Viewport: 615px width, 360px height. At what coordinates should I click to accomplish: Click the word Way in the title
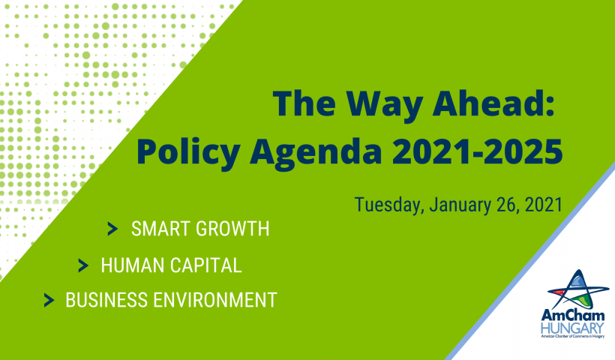point(385,105)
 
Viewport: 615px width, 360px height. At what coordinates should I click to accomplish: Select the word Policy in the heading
point(188,154)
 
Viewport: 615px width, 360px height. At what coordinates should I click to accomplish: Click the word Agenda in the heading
point(316,154)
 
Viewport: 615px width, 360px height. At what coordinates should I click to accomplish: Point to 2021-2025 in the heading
point(477,151)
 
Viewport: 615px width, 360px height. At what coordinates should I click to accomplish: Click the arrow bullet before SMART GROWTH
point(112,229)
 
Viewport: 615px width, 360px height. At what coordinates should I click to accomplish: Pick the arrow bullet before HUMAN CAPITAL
point(83,265)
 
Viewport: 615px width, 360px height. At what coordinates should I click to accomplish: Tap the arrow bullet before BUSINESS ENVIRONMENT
point(49,300)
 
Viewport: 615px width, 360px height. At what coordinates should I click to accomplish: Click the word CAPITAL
point(206,265)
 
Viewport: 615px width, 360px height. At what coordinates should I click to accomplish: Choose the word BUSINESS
point(106,300)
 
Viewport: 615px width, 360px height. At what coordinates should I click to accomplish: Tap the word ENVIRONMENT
point(215,300)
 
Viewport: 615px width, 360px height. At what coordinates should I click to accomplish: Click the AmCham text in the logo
point(573,316)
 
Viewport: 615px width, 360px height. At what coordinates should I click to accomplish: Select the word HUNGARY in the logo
point(572,328)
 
